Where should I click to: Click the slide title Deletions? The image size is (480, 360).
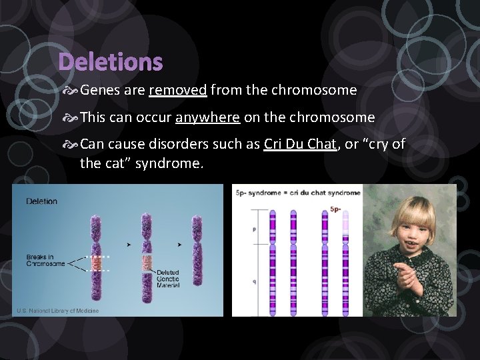(110, 62)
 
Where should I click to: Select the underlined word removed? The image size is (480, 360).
(178, 90)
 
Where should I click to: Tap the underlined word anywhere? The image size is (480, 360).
(207, 118)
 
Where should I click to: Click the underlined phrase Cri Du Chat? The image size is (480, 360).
(299, 145)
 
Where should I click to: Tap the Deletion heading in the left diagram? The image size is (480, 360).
(42, 201)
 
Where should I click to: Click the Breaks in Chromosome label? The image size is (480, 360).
(45, 260)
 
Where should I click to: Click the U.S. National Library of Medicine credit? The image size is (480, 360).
(58, 311)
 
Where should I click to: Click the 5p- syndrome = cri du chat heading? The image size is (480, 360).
(298, 193)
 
